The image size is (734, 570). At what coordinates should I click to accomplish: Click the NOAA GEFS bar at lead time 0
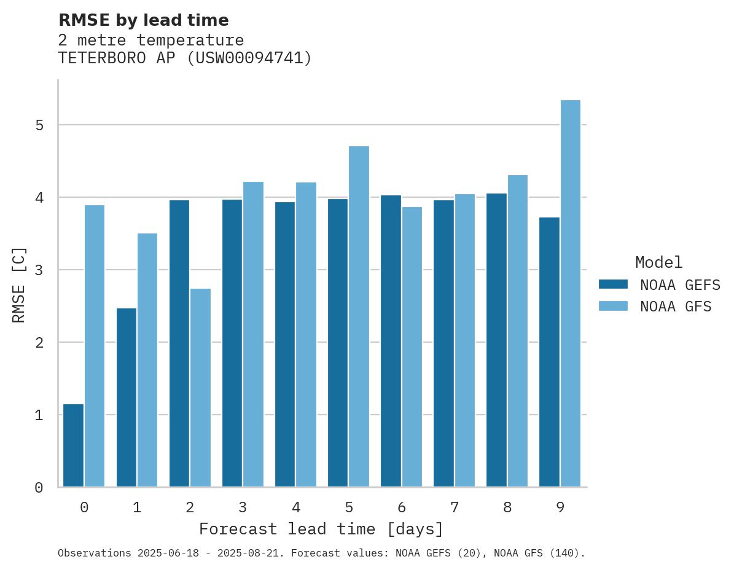(x=73, y=445)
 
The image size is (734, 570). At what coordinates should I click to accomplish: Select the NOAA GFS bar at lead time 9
(x=571, y=294)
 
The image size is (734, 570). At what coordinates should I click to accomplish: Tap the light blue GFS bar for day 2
(x=200, y=388)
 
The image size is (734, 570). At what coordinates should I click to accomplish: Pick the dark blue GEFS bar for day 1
(x=126, y=397)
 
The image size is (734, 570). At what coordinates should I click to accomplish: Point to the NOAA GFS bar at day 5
(x=359, y=316)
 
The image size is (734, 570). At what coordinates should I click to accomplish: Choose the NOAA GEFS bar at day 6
(x=391, y=341)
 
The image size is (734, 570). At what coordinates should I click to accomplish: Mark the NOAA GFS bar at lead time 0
(x=95, y=346)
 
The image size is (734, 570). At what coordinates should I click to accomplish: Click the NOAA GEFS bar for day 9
(x=549, y=352)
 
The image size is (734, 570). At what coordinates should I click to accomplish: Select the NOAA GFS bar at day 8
(x=518, y=331)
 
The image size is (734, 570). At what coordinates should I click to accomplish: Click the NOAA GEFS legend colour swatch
(x=613, y=284)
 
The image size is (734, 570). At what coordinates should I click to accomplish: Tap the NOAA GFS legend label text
(x=676, y=306)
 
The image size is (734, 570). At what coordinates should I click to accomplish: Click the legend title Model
(x=659, y=263)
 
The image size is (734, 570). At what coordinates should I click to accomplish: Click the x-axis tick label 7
(x=455, y=507)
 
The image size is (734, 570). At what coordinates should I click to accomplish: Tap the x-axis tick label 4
(x=296, y=507)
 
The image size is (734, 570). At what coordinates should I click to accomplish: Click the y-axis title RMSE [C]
(x=19, y=284)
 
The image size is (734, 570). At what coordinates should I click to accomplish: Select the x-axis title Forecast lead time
(x=321, y=529)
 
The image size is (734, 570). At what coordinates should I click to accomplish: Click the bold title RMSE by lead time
(x=143, y=20)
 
